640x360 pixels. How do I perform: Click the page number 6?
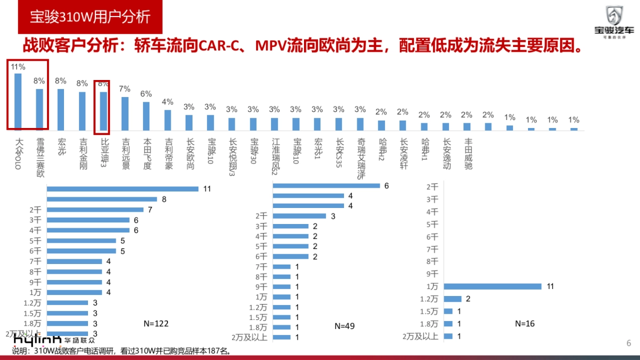(x=628, y=343)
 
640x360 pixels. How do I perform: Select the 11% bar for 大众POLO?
(x=18, y=101)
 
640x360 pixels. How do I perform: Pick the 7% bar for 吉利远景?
(x=125, y=113)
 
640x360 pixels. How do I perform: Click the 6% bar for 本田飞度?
(x=146, y=116)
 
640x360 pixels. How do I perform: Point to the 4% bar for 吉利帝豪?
(x=167, y=119)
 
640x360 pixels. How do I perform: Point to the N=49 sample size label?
(x=345, y=325)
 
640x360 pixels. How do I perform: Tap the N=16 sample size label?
(x=525, y=323)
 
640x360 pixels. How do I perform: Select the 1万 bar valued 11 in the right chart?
(x=492, y=286)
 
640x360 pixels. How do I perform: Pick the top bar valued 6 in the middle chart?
(x=326, y=186)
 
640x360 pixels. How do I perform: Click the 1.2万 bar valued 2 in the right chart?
(x=453, y=299)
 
